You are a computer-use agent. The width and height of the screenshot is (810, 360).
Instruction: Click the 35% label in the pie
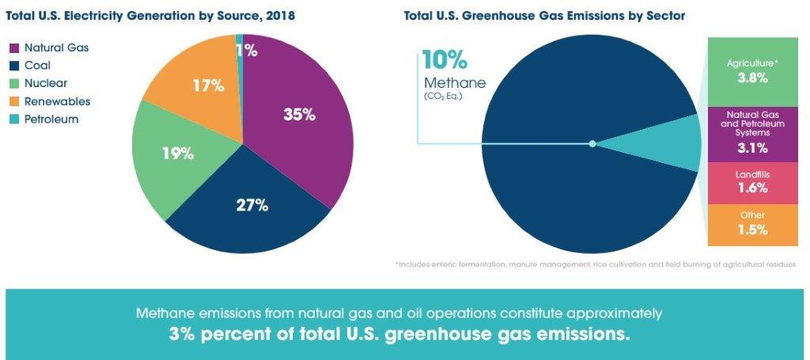click(x=300, y=115)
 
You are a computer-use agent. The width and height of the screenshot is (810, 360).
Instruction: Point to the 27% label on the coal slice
click(x=252, y=205)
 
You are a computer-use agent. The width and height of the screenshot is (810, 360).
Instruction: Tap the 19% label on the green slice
click(x=178, y=153)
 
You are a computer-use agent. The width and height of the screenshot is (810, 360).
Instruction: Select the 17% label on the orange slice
click(x=208, y=85)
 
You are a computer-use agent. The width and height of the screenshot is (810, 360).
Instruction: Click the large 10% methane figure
click(x=444, y=60)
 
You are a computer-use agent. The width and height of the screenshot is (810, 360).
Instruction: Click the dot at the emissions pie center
click(x=592, y=143)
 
